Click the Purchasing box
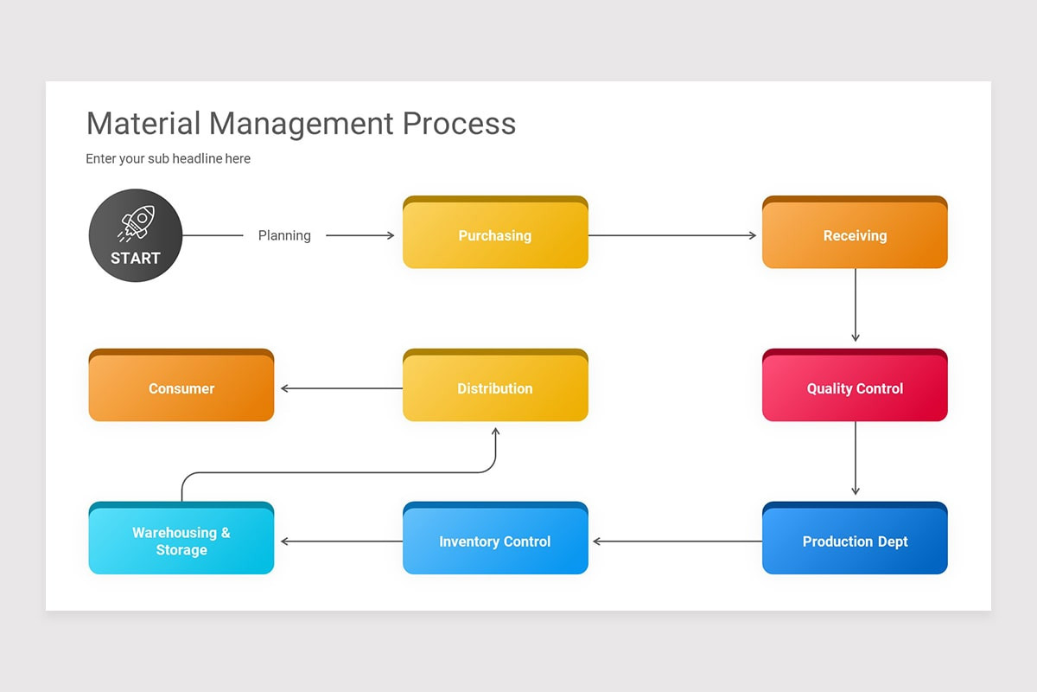point(495,234)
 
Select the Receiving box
point(855,234)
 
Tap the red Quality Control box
point(855,388)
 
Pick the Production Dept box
point(855,541)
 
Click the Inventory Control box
point(495,541)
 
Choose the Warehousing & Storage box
point(181,541)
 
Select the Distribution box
point(495,388)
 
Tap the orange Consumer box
point(181,388)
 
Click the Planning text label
point(284,235)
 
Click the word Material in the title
point(143,124)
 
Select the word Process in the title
point(459,124)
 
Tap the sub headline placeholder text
point(169,158)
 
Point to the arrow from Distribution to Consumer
point(340,388)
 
